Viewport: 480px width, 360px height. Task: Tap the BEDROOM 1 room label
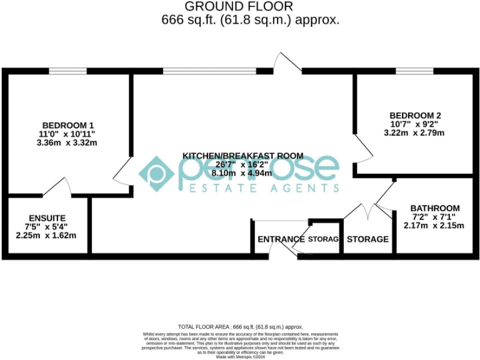(x=68, y=124)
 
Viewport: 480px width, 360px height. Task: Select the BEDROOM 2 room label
(x=415, y=115)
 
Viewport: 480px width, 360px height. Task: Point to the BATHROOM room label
(x=435, y=208)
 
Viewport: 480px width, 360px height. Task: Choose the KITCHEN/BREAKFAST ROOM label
(x=242, y=155)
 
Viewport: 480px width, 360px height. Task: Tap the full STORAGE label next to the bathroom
(x=367, y=239)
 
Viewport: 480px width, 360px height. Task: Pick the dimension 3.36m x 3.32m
(x=68, y=142)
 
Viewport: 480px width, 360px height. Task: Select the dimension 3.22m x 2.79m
(x=415, y=132)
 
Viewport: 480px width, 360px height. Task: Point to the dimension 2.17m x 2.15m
(x=434, y=226)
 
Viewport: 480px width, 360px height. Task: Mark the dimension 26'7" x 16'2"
(x=242, y=164)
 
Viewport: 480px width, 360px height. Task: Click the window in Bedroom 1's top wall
(x=67, y=71)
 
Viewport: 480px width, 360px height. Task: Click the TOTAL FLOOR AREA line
(x=240, y=327)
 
